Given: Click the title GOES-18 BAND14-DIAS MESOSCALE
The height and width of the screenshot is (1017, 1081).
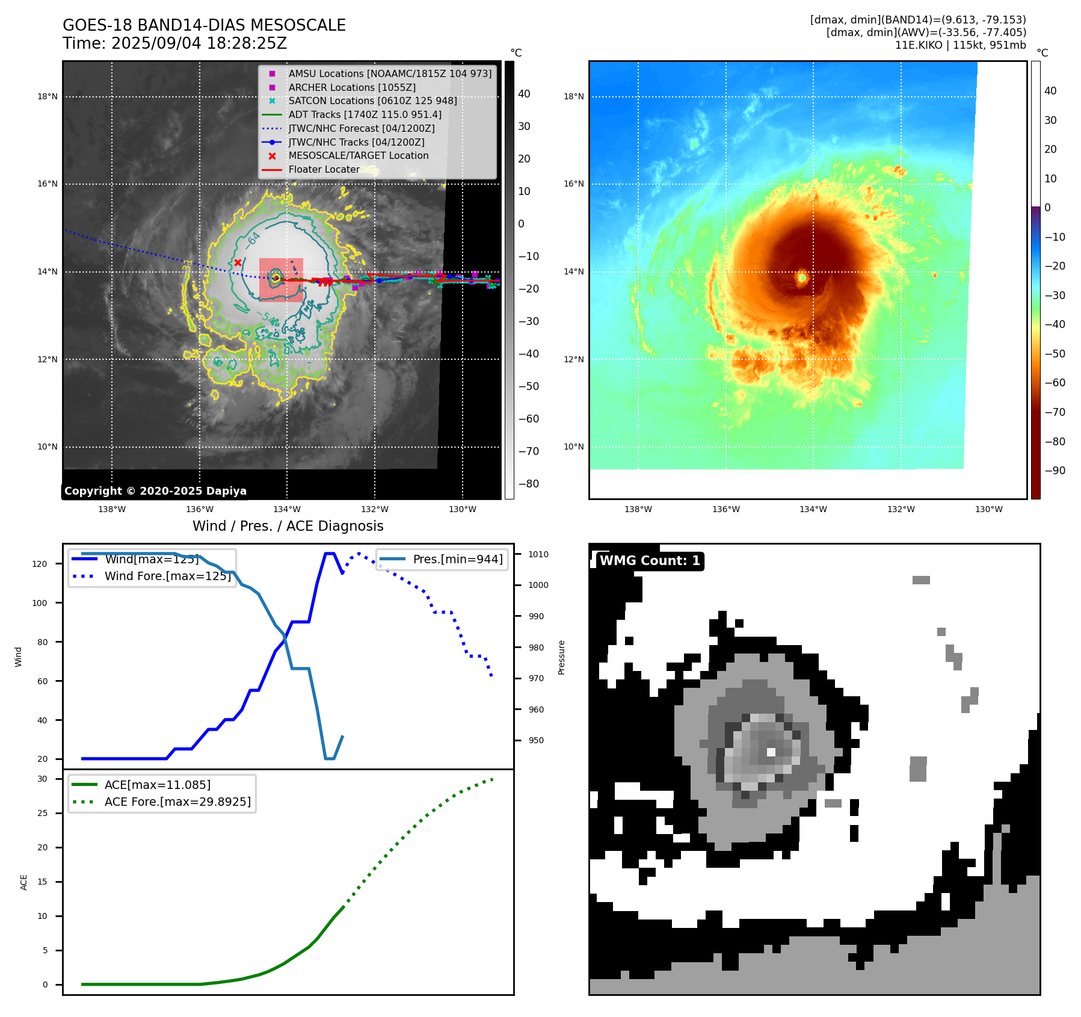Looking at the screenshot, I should point(204,25).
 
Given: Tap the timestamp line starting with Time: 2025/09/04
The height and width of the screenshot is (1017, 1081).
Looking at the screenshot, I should point(174,43).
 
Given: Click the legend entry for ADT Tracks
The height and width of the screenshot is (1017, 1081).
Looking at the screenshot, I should point(365,114).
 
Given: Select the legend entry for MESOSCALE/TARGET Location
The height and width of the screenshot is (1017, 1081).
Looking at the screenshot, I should point(358,155).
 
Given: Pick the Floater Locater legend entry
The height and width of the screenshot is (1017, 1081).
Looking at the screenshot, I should point(324,169).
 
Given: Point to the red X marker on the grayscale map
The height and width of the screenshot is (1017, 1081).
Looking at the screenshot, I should point(238,262).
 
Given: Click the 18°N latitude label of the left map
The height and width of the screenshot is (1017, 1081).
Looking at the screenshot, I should point(48,96).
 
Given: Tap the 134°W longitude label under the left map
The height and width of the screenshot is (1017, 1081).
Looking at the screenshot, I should point(287,509).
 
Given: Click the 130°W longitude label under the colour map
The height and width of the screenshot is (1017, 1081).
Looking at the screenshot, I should point(988,509).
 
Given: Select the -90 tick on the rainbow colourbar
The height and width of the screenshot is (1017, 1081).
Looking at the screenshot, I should point(1055,471).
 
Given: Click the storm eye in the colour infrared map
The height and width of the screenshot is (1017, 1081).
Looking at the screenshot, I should point(802,277).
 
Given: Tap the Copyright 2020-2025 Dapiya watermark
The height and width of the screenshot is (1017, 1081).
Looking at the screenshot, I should point(155,491).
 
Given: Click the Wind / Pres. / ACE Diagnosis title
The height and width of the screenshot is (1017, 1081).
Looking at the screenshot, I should point(288,526).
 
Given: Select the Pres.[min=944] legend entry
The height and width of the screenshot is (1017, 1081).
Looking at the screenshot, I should point(457,559).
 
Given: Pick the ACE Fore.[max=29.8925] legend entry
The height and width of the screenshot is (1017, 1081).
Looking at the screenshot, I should point(177,802).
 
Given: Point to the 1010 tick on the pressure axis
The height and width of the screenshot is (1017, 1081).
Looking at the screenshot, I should point(538,554).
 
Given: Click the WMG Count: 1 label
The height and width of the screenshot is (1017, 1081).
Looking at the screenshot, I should point(650,561).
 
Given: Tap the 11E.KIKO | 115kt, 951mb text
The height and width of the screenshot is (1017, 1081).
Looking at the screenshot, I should point(960,45).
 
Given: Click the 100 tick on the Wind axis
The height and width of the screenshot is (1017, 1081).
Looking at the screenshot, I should point(40,603).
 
